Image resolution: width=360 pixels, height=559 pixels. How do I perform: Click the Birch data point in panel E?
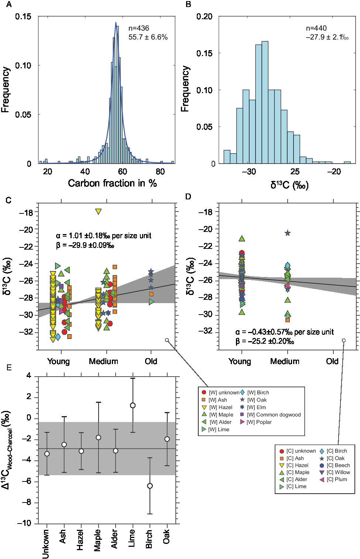pyautogui.click(x=150, y=486)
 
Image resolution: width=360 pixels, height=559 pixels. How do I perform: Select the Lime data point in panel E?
pyautogui.click(x=133, y=405)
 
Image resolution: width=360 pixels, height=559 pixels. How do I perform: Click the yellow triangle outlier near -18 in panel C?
pyautogui.click(x=98, y=212)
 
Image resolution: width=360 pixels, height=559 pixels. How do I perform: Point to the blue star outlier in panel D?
pyautogui.click(x=287, y=233)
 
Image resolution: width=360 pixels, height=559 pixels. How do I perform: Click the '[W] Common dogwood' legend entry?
pyautogui.click(x=274, y=415)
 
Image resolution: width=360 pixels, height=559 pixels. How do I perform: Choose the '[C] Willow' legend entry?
pyautogui.click(x=338, y=472)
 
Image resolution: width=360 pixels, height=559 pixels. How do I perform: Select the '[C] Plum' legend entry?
pyautogui.click(x=336, y=479)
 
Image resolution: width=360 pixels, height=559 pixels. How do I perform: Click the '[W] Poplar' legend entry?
pyautogui.click(x=258, y=422)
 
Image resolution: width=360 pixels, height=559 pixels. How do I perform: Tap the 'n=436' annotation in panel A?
pyautogui.click(x=139, y=28)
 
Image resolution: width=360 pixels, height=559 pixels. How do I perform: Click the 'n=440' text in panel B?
pyautogui.click(x=316, y=28)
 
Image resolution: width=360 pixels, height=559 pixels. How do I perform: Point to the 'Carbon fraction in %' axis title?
pyautogui.click(x=112, y=183)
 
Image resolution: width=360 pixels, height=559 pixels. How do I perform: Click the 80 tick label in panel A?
pyautogui.click(x=160, y=172)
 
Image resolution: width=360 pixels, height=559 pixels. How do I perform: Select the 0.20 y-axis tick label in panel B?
pyautogui.click(x=204, y=17)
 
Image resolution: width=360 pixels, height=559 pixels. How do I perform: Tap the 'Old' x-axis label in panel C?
pyautogui.click(x=151, y=361)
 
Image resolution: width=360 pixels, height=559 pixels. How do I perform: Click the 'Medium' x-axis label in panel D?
pyautogui.click(x=285, y=361)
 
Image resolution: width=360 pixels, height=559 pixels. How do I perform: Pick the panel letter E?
pyautogui.click(x=9, y=367)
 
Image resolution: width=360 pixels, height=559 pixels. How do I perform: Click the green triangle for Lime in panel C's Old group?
pyautogui.click(x=151, y=302)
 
